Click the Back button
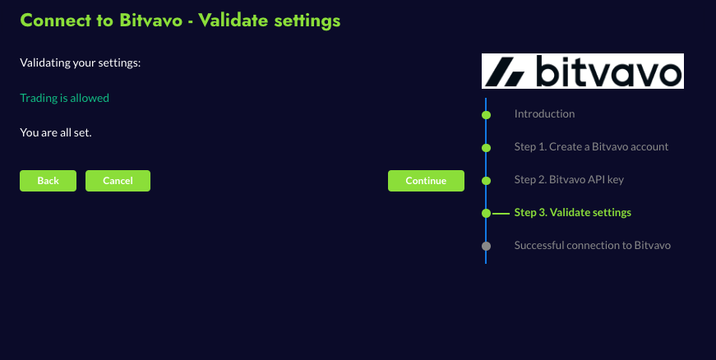pos(48,181)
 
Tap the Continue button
pos(426,181)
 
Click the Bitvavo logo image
pos(583,72)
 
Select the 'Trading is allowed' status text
pos(64,98)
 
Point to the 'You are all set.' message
pos(56,133)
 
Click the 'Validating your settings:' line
pos(81,63)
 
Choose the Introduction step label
pos(544,113)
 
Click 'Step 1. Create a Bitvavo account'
pos(591,146)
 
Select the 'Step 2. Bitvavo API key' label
pos(569,180)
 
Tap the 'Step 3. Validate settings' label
pos(573,213)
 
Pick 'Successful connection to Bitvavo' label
pos(592,246)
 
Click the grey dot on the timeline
pos(487,247)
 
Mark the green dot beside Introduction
pos(487,115)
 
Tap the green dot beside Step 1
pos(487,148)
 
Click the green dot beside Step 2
pos(487,181)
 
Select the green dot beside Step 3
pos(487,214)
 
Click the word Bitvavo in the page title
pos(150,21)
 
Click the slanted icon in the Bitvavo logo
pos(505,72)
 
